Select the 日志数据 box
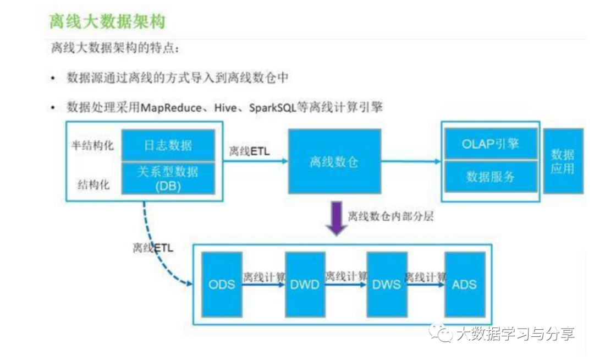tap(168, 145)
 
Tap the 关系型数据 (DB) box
tap(168, 178)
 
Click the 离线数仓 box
tap(334, 161)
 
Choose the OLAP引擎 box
tap(491, 144)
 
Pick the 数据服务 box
tap(491, 176)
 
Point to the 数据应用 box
tap(563, 161)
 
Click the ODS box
tap(222, 285)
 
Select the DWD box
tap(305, 285)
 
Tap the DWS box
tap(387, 285)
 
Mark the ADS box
tap(465, 285)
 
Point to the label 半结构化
tap(92, 145)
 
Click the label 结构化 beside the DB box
tap(95, 184)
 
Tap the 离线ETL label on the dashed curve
tap(153, 248)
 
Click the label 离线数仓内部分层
tap(391, 216)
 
